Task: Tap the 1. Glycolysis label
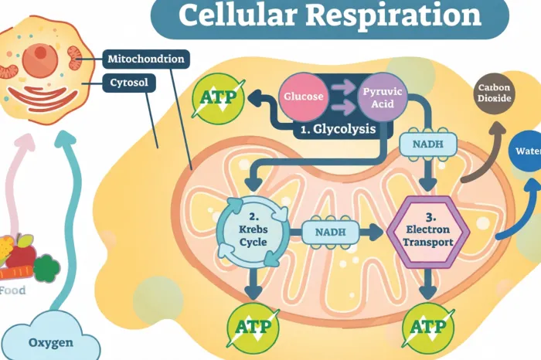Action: coord(339,130)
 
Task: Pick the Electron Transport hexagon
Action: coord(427,229)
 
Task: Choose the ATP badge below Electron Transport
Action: coord(427,326)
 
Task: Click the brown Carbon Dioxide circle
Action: coord(495,98)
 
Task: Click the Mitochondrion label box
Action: coord(145,57)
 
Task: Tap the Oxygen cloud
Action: coord(51,340)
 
